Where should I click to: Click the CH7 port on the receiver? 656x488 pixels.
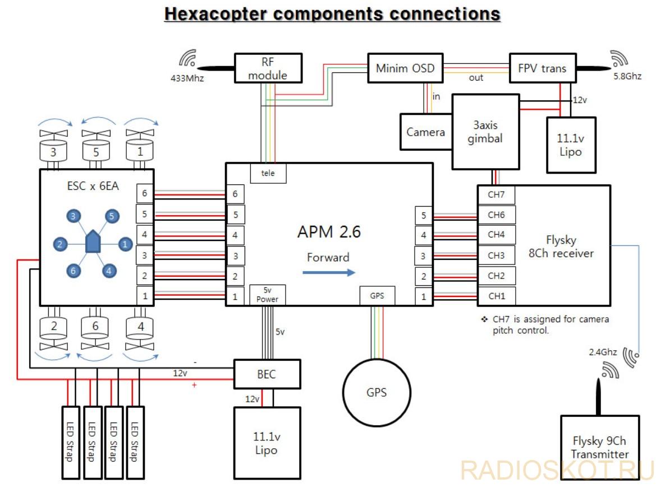coord(496,195)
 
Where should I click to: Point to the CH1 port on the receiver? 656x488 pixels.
coord(496,296)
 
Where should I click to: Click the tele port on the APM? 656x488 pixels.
coord(268,173)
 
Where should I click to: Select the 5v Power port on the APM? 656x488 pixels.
coord(267,295)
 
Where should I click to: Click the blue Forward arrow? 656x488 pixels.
coord(329,273)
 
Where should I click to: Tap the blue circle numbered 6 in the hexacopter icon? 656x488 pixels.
coord(73,271)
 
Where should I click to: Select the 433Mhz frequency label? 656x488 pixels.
coord(187,78)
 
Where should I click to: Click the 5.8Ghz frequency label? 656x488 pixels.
coord(627,76)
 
